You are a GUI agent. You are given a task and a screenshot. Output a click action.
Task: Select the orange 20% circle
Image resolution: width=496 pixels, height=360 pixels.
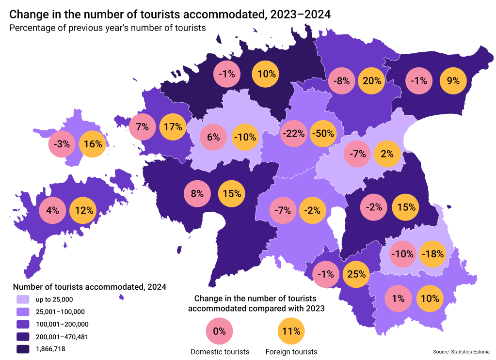[371, 81]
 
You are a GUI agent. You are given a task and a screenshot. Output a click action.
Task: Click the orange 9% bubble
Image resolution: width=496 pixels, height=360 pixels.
[453, 81]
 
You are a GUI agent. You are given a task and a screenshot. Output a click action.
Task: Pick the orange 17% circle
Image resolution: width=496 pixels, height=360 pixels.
[173, 127]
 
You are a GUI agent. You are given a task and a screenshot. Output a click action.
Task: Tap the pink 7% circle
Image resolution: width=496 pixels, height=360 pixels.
[143, 127]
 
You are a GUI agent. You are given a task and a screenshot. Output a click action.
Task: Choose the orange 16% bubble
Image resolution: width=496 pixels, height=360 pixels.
[93, 144]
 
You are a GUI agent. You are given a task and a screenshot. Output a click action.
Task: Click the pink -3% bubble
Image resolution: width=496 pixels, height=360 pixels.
[62, 144]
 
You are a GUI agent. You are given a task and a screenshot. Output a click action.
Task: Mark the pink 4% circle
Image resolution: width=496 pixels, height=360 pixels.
[52, 210]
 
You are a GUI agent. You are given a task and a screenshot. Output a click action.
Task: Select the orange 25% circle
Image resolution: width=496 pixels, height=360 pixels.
[356, 274]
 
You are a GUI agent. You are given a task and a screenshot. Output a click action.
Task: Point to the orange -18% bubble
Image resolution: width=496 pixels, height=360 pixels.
[432, 254]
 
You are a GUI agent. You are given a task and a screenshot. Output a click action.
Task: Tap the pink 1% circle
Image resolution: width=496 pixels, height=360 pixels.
[398, 298]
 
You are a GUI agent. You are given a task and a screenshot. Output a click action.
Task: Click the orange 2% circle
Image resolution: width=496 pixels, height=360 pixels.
[387, 154]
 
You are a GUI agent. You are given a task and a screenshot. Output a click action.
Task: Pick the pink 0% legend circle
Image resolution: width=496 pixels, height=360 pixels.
[220, 332]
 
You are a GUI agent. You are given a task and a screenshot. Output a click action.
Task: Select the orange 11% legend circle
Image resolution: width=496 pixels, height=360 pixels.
[291, 332]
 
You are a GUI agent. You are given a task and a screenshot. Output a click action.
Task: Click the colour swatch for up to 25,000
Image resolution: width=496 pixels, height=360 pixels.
[23, 299]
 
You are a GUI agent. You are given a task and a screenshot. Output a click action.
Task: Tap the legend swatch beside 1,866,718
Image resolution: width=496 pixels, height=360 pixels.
[23, 348]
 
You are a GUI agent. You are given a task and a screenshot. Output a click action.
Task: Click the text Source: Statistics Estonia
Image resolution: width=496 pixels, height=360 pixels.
[461, 352]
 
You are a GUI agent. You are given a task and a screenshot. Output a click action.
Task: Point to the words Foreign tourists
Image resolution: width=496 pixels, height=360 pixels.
[291, 352]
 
